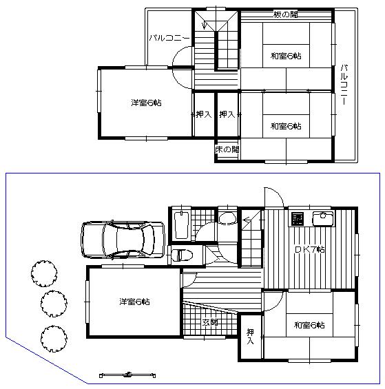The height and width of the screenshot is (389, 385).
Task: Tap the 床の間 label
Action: click(x=227, y=149)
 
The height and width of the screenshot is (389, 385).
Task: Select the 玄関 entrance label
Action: click(x=210, y=322)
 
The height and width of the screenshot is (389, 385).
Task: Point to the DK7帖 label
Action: click(x=310, y=249)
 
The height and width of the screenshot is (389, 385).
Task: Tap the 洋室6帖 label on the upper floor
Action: click(x=146, y=103)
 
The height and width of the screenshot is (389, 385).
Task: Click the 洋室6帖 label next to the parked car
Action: click(x=134, y=302)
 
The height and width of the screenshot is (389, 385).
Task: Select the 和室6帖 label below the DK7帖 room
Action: click(x=309, y=324)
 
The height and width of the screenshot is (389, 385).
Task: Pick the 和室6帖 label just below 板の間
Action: click(x=285, y=56)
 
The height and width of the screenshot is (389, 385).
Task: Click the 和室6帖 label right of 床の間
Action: click(x=285, y=125)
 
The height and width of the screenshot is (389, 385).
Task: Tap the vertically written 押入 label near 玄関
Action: click(x=251, y=336)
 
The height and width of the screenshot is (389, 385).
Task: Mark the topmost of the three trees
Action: click(x=43, y=271)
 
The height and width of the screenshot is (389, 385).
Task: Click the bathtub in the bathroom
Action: click(x=181, y=224)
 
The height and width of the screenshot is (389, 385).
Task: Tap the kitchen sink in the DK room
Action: click(x=322, y=220)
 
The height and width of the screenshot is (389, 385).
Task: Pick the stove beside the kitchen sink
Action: click(x=298, y=220)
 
